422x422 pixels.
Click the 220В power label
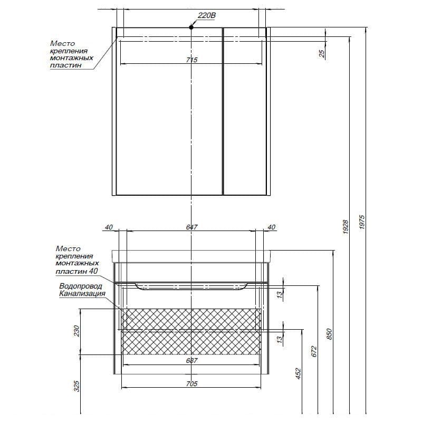(x=207, y=16)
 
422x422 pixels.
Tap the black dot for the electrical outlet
(x=191, y=27)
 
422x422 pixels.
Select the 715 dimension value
(x=191, y=60)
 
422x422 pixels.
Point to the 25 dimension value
(x=322, y=54)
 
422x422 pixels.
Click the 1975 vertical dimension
(x=362, y=222)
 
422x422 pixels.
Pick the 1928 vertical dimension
(x=346, y=227)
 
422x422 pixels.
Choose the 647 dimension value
(x=191, y=227)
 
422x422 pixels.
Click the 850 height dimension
(x=329, y=334)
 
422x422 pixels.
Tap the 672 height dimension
(x=314, y=351)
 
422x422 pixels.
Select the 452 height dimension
(x=298, y=374)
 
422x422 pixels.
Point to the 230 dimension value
(x=76, y=331)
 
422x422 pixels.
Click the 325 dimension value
(x=76, y=386)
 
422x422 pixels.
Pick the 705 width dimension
(x=191, y=383)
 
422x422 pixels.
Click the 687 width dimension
(x=191, y=360)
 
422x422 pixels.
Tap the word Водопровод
(x=81, y=286)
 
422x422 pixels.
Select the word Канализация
(x=82, y=293)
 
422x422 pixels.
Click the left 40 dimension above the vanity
(x=109, y=227)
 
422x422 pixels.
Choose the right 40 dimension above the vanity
(x=272, y=227)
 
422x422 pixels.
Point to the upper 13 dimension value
(x=280, y=294)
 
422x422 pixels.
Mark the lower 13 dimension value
(x=280, y=339)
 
